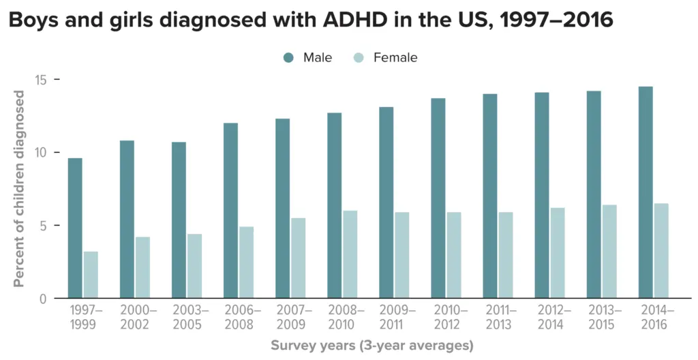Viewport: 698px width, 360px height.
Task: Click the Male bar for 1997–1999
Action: [x=75, y=228]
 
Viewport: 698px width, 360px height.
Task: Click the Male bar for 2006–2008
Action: [x=230, y=211]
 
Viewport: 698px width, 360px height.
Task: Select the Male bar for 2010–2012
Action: [x=438, y=198]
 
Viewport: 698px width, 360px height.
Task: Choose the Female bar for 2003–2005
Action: [x=195, y=266]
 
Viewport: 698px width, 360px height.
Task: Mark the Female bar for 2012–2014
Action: [x=558, y=253]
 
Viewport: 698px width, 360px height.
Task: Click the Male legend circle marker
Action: [x=288, y=58]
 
